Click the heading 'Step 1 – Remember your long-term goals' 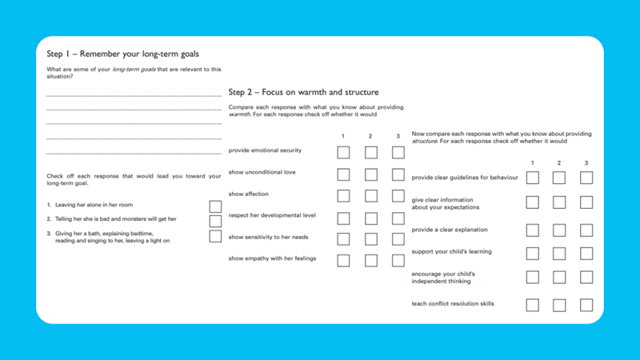click(x=122, y=54)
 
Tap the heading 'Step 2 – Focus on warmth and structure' click(x=303, y=92)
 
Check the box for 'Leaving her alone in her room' click(x=215, y=206)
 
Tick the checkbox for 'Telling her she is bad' click(x=215, y=221)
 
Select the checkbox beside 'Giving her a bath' click(x=215, y=236)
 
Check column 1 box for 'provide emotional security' click(x=343, y=152)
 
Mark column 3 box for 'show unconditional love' click(x=398, y=174)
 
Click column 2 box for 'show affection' click(x=370, y=195)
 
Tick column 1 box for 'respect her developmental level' click(x=343, y=218)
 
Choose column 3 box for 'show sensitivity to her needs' click(x=398, y=238)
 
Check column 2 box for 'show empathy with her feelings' click(x=370, y=260)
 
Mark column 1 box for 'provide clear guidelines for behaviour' click(x=533, y=177)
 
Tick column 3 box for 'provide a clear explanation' click(x=586, y=230)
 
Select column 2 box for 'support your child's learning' click(x=559, y=254)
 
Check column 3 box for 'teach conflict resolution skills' click(x=586, y=305)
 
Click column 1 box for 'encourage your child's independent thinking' click(x=533, y=278)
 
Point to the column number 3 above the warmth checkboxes click(x=398, y=135)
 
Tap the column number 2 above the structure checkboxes click(x=559, y=163)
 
